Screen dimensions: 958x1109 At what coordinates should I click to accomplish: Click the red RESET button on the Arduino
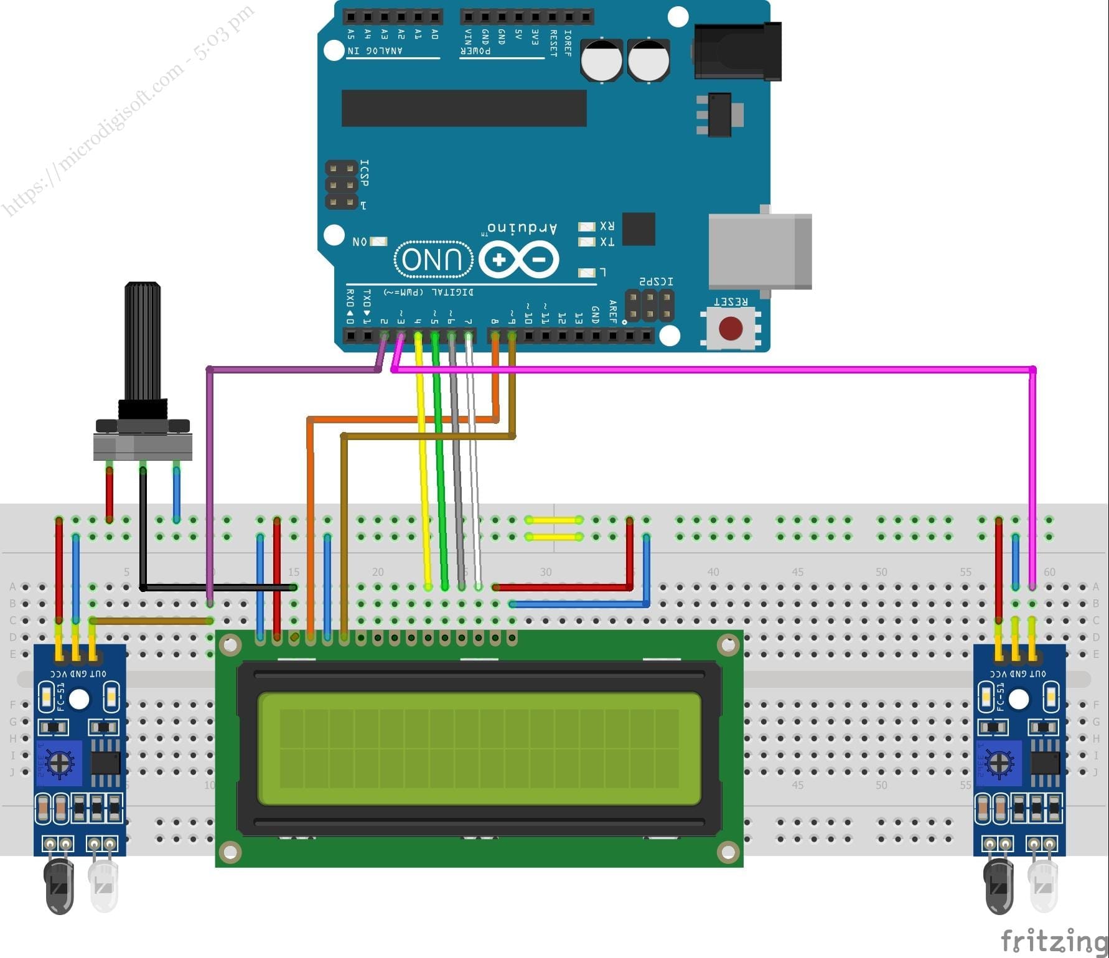731,328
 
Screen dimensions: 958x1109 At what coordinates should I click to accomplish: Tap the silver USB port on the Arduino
759,251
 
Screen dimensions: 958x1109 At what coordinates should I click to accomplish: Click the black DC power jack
737,52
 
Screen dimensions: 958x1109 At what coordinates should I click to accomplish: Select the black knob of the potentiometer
143,342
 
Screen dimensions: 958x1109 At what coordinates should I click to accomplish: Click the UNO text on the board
433,259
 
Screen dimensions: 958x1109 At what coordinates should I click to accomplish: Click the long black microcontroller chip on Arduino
464,108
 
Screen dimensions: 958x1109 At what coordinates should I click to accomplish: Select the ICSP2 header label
657,282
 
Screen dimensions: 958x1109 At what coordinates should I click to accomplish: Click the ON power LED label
360,242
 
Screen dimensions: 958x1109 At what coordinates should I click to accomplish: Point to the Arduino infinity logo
518,260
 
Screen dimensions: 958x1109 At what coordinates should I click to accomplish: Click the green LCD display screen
479,748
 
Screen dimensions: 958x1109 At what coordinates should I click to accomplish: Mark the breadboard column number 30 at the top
545,571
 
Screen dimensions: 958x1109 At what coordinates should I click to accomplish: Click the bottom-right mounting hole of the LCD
728,850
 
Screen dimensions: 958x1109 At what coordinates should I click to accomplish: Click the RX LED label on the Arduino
607,226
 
